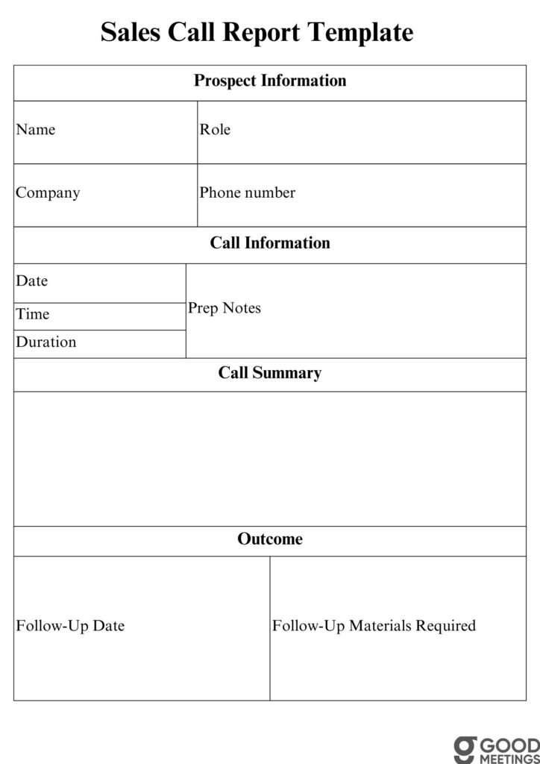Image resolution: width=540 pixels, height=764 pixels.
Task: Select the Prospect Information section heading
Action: [270, 81]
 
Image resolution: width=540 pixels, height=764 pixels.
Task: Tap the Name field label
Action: [36, 130]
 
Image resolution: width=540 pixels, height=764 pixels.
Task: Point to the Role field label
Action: [215, 130]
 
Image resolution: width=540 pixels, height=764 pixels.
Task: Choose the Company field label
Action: [48, 192]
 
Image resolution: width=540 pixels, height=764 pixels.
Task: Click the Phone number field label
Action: [247, 192]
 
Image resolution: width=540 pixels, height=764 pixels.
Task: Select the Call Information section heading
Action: [270, 243]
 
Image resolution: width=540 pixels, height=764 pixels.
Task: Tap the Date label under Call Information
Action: [31, 281]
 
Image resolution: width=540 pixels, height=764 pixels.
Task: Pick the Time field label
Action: [32, 314]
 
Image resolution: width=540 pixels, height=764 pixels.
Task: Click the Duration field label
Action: [45, 342]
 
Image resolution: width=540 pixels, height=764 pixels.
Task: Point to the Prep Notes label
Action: [225, 308]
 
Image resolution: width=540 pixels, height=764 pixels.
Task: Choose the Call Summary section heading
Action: [270, 373]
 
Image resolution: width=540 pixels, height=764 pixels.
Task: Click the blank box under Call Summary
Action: [270, 458]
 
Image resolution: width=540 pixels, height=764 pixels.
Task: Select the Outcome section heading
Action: [270, 539]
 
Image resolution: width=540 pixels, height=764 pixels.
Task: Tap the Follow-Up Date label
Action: [70, 626]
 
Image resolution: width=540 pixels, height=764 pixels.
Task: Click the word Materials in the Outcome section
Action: [380, 626]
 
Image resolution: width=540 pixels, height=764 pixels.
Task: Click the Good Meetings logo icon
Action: [465, 748]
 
